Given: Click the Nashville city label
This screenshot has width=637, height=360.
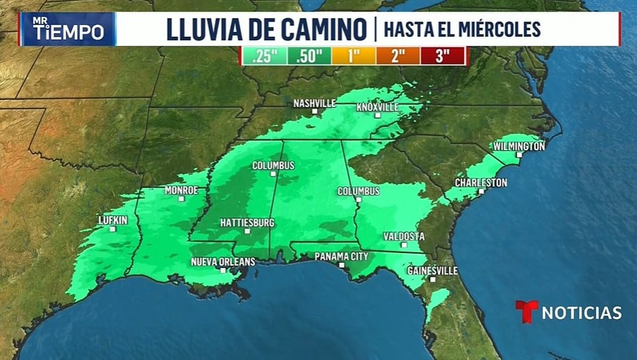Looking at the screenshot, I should [x=314, y=103].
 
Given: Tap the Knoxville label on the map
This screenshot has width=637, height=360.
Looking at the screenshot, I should [x=377, y=107].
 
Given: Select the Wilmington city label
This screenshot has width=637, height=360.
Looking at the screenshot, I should [x=518, y=146].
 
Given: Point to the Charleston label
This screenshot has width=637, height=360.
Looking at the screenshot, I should [x=481, y=182].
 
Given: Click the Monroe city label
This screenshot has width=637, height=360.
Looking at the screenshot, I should [x=181, y=190].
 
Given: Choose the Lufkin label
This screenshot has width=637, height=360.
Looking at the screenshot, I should [x=113, y=221].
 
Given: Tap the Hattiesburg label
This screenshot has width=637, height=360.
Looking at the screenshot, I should [x=247, y=222].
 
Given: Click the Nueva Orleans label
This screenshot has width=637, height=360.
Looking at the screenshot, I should [x=223, y=261].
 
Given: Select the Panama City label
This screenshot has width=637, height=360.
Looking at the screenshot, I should [x=340, y=256].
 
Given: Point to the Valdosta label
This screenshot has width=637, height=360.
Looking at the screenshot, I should [x=404, y=236].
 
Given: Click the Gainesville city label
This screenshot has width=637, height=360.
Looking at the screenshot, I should [x=432, y=270].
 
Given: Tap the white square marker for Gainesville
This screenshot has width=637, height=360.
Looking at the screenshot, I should [x=432, y=279].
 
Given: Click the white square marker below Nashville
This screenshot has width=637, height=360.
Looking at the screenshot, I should [x=314, y=111].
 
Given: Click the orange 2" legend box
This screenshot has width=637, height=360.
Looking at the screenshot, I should [x=398, y=56].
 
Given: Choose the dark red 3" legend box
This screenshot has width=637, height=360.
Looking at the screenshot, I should [x=442, y=56].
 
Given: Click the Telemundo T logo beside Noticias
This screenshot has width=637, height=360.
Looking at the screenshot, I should [x=526, y=311].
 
